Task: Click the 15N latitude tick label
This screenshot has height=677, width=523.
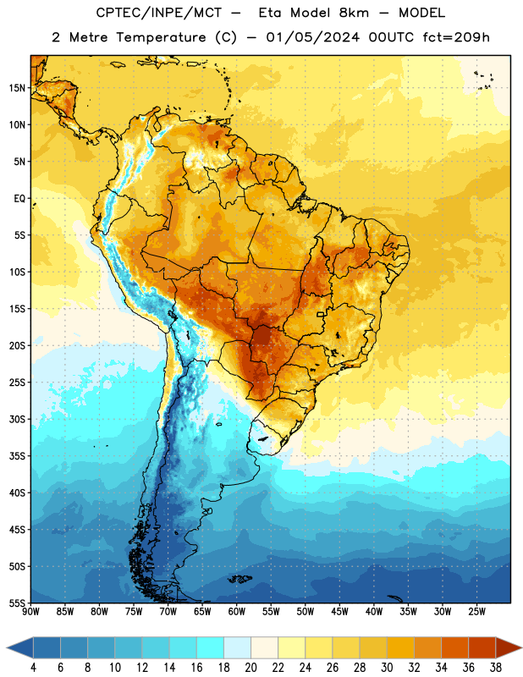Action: (17, 88)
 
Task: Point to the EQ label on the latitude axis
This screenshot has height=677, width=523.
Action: (19, 199)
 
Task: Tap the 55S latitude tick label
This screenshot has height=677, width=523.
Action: (17, 603)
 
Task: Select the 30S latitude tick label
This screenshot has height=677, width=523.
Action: (17, 419)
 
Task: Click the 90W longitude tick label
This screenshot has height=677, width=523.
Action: (30, 612)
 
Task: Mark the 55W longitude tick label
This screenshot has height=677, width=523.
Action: (271, 612)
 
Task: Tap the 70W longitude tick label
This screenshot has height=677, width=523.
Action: (168, 612)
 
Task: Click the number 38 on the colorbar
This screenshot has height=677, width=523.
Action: (496, 668)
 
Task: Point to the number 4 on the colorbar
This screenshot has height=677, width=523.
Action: (33, 668)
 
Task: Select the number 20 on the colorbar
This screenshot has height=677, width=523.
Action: (250, 668)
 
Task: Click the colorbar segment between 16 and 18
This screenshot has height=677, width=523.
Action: (211, 648)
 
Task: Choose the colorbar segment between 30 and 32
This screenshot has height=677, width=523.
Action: (401, 648)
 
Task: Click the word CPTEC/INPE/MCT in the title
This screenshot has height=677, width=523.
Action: (159, 13)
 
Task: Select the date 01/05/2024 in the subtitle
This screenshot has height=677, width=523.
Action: (312, 37)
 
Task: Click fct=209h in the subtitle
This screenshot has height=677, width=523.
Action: (456, 37)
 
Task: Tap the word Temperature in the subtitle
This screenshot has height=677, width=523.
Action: (161, 38)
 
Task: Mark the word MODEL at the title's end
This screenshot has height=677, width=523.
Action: (421, 13)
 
